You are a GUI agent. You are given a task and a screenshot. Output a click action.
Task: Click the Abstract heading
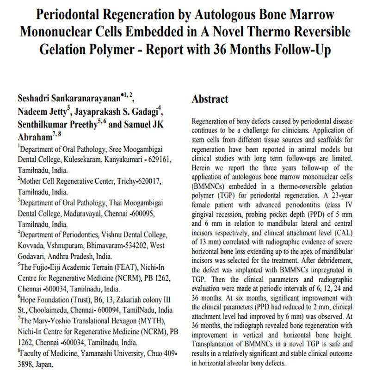(210, 99)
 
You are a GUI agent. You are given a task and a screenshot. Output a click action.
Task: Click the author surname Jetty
(52, 112)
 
